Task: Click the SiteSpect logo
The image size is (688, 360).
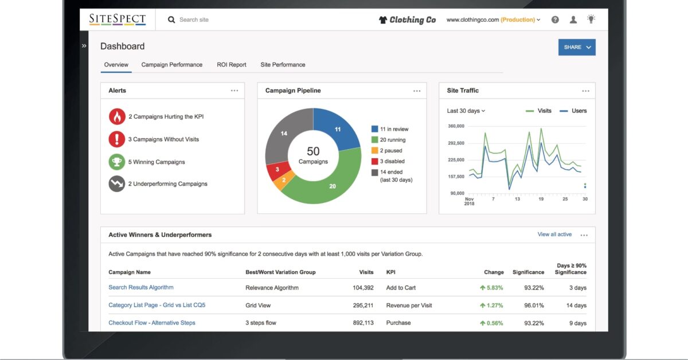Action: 117,19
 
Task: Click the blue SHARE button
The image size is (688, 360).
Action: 576,47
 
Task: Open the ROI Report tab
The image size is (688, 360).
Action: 231,65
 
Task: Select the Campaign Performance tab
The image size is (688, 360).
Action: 172,65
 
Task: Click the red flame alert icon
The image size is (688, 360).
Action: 117,116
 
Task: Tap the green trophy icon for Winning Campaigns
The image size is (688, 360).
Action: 117,162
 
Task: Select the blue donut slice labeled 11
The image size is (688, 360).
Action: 337,130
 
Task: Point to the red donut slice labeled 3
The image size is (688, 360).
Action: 277,170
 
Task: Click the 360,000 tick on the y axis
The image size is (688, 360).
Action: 456,126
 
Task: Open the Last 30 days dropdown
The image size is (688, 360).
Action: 466,111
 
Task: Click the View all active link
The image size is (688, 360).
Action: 554,234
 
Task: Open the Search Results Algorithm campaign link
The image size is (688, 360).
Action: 141,287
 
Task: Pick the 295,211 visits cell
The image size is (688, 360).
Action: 363,306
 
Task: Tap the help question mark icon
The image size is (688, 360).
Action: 555,19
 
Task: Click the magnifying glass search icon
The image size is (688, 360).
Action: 171,19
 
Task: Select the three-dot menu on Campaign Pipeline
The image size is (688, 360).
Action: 417,91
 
